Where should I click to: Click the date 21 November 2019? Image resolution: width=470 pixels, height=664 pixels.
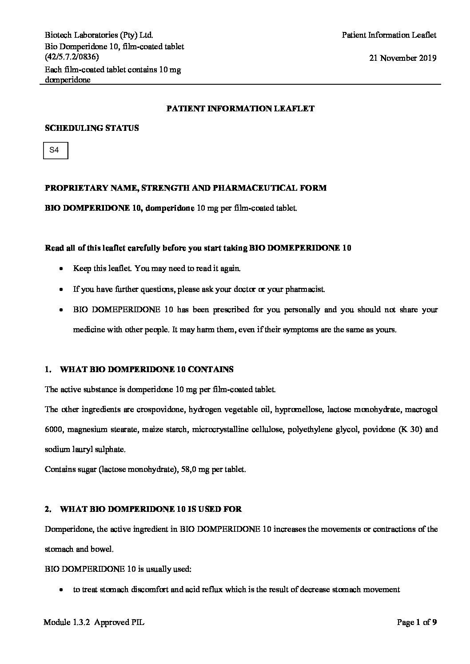(x=402, y=58)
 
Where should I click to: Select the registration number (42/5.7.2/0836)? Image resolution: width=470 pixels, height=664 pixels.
(x=72, y=57)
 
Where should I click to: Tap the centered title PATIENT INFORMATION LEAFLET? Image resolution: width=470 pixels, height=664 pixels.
(x=240, y=108)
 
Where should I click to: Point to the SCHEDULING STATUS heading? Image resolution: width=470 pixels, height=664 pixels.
(x=92, y=128)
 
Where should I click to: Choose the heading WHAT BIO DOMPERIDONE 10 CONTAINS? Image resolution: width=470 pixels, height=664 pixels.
(x=147, y=369)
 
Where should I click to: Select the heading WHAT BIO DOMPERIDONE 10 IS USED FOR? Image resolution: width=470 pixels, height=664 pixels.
(x=151, y=509)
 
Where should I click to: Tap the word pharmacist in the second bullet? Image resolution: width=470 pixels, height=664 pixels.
(x=305, y=290)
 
